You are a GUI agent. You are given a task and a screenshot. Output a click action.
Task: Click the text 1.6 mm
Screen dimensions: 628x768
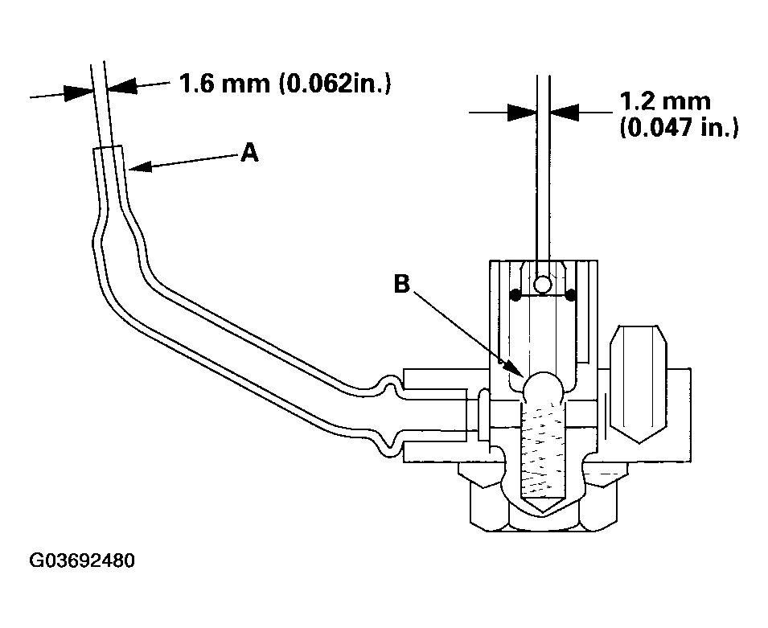click(222, 83)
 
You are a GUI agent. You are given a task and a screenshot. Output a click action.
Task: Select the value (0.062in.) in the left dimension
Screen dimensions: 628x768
click(335, 83)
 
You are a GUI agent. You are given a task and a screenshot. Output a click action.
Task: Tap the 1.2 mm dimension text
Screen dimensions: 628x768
click(664, 102)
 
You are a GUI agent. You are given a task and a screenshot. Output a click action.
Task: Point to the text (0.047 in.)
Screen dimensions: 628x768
click(679, 128)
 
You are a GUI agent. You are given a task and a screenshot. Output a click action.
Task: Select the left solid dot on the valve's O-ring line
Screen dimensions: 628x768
click(515, 296)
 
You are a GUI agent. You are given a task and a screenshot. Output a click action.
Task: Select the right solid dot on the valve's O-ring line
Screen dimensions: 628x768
click(571, 296)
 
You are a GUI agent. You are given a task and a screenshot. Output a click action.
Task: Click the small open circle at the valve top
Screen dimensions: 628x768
click(544, 284)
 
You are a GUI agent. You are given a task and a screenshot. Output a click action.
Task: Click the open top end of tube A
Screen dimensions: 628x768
click(108, 150)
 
